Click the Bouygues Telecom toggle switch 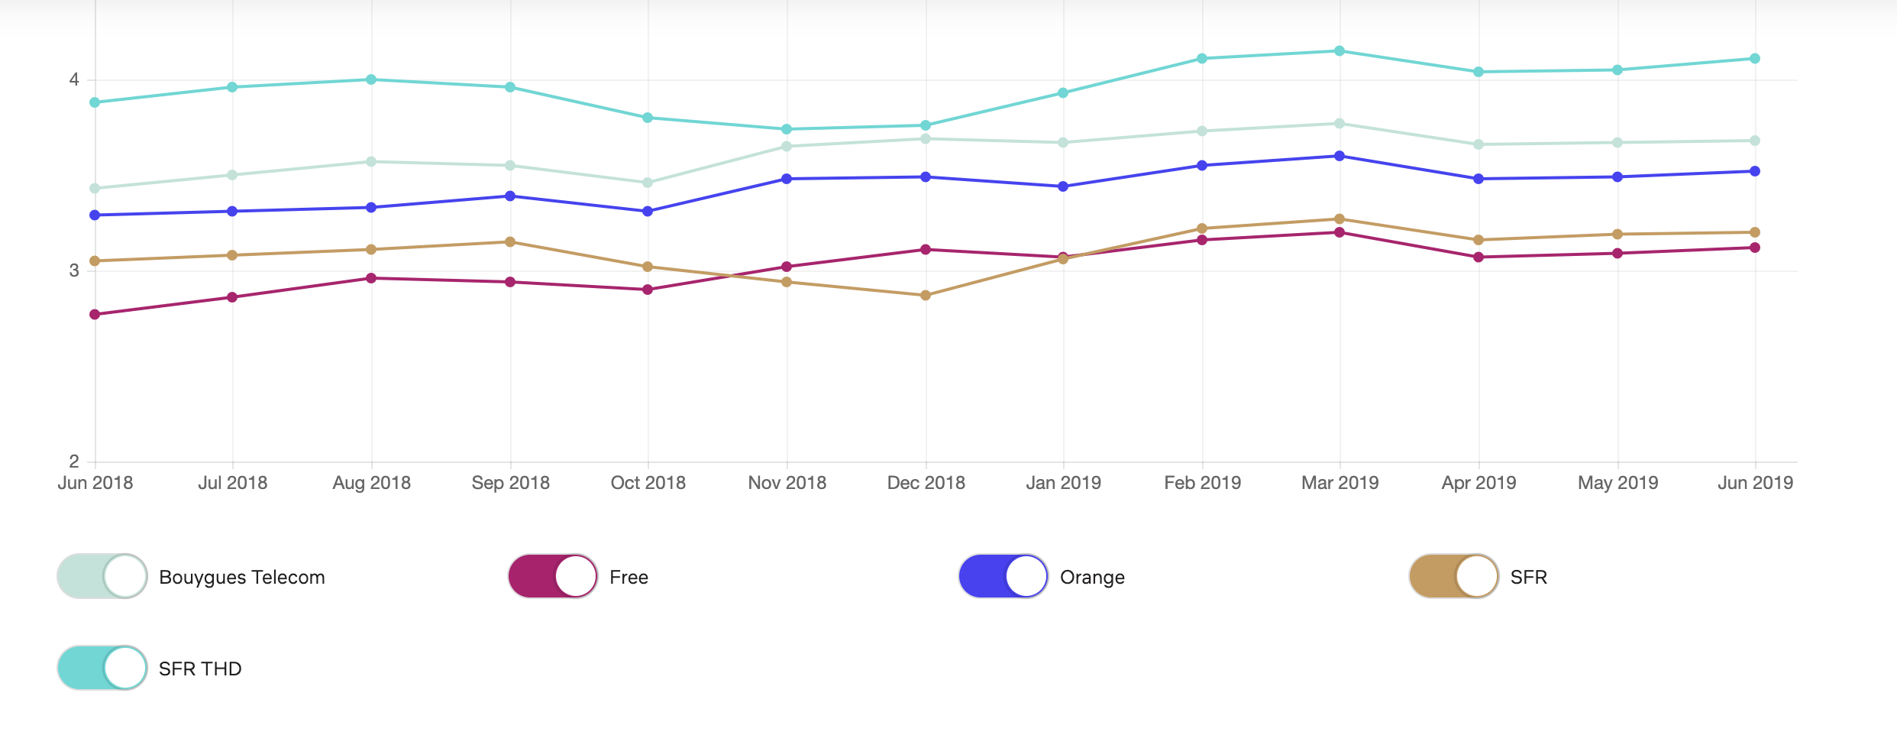pos(102,576)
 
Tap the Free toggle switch pos(553,576)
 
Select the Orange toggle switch pos(1003,576)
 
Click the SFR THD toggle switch pos(102,668)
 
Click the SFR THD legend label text pos(200,669)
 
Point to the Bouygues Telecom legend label pos(242,577)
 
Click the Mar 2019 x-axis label pos(1340,483)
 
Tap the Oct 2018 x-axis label pos(648,483)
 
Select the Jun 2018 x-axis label pos(95,483)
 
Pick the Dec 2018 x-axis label pos(926,483)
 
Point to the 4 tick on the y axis pos(74,79)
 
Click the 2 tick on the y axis pos(74,461)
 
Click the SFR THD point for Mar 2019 pos(1340,51)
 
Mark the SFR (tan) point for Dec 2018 pos(926,296)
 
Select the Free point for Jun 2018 pos(95,314)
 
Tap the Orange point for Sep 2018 pos(510,196)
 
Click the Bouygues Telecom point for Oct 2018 pos(648,183)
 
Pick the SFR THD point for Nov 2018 pos(787,129)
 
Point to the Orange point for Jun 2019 pos(1755,171)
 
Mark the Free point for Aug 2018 pos(371,278)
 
